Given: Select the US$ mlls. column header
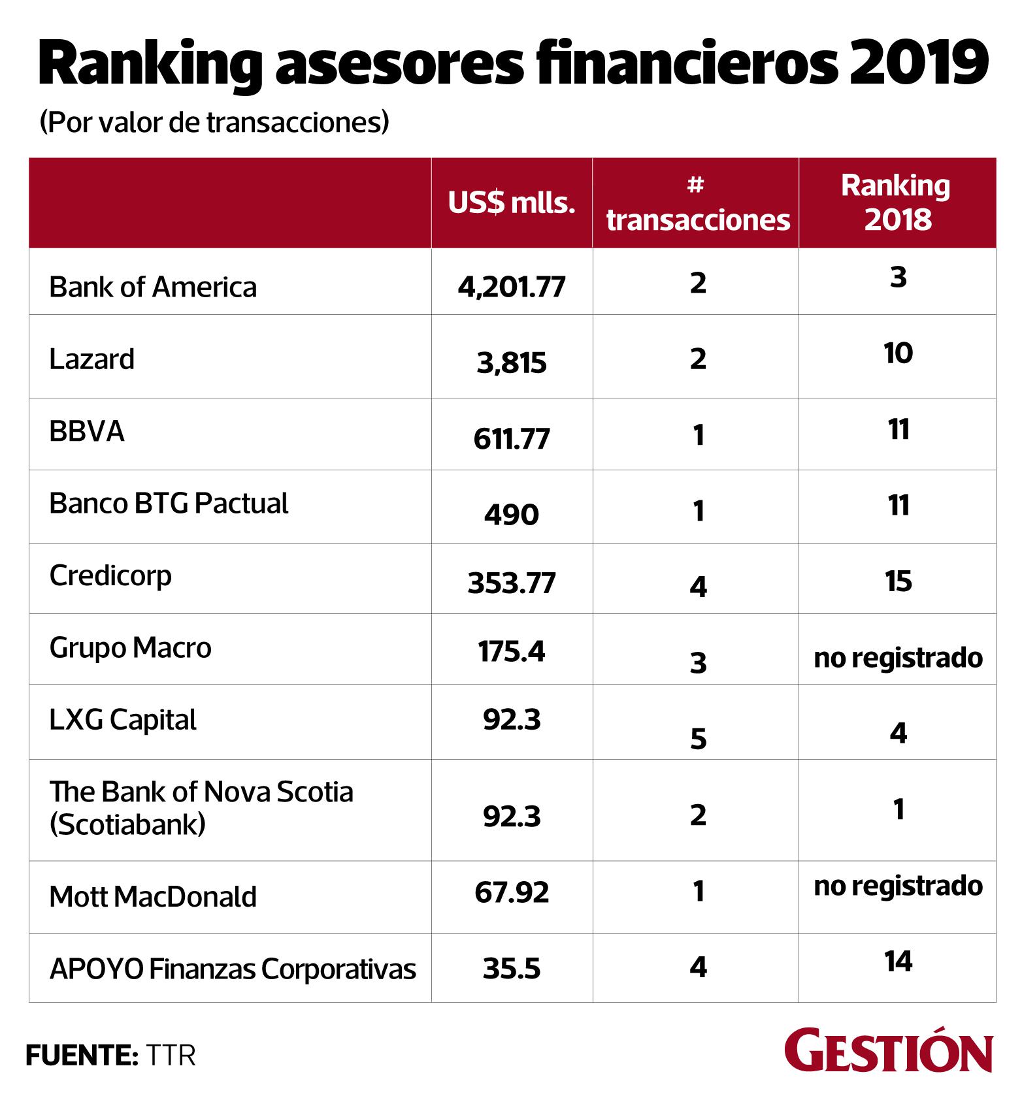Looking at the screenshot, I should click(511, 203).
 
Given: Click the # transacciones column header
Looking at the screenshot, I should click(697, 203).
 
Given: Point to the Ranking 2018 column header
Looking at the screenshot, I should click(897, 202).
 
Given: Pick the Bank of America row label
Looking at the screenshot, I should click(153, 287).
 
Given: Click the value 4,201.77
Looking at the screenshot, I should click(511, 287).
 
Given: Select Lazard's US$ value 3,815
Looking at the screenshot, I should click(511, 363).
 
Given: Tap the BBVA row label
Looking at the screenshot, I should click(87, 432).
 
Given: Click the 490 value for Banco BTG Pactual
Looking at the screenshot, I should click(511, 515).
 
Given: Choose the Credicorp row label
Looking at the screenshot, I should click(110, 576).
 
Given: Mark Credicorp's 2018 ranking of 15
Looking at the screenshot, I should click(898, 581).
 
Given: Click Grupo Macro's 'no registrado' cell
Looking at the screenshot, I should click(898, 658).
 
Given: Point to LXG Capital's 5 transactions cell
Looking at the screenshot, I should click(698, 739).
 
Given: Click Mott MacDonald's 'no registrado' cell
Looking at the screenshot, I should click(898, 886).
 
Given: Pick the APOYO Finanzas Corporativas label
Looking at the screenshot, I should click(233, 969).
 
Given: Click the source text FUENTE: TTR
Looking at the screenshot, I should click(110, 1055).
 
